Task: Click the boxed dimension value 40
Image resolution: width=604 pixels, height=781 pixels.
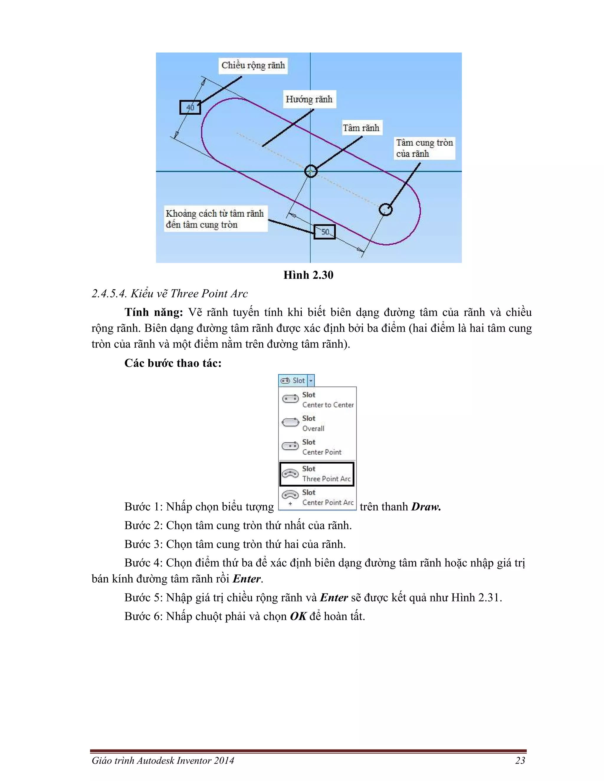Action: tap(190, 107)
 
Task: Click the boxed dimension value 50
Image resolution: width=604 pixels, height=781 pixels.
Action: tap(324, 232)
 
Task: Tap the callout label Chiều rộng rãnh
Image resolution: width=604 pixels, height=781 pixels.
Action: tap(253, 65)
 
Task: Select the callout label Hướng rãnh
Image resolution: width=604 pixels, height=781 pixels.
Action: tap(309, 99)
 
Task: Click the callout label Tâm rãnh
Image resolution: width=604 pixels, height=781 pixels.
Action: tap(361, 128)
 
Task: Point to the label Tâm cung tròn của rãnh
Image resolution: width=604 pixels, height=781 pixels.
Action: tap(424, 148)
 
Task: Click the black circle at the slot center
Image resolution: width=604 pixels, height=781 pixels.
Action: tap(311, 171)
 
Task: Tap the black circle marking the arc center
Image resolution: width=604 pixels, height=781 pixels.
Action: tap(385, 209)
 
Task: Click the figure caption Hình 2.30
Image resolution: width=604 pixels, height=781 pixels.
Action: tap(308, 275)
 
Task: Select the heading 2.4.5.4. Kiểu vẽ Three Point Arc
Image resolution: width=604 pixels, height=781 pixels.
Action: tap(170, 294)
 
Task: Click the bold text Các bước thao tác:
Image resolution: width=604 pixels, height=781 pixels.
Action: tap(173, 363)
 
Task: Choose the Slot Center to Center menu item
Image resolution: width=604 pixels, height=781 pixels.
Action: tap(318, 399)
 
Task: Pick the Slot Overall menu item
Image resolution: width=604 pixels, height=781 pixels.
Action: tap(318, 423)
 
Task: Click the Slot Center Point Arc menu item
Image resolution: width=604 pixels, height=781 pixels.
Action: tap(318, 497)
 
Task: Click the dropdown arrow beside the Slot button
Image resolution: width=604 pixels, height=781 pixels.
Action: tap(311, 380)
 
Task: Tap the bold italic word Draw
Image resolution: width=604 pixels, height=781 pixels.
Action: tap(426, 507)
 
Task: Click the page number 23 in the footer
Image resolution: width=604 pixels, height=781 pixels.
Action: tap(520, 761)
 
